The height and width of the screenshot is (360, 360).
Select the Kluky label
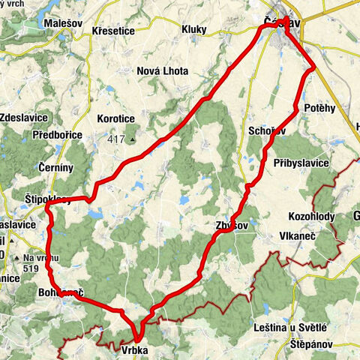[x=194, y=29]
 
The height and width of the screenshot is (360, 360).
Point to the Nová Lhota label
[x=163, y=71]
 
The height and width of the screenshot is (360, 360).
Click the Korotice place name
[x=115, y=118]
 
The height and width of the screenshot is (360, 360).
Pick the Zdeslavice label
[x=25, y=118]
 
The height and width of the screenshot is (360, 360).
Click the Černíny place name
[x=57, y=168]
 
